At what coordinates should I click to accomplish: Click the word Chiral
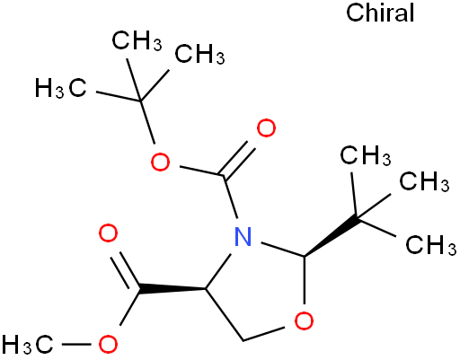coord(380,13)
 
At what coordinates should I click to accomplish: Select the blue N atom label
coord(243,236)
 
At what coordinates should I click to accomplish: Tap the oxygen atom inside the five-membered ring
coord(304,320)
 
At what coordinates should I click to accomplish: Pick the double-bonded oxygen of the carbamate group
coord(266,128)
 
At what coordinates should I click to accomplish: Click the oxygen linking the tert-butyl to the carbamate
coord(160,162)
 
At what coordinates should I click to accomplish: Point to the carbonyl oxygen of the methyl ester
coord(108,233)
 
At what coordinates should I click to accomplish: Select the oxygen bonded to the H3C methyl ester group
coord(108,345)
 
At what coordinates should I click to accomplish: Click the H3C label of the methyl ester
coord(28,345)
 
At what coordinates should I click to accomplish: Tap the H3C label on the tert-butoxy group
coord(61,88)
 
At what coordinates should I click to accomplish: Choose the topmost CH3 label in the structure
coord(137,40)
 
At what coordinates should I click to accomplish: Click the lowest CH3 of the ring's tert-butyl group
coord(431,245)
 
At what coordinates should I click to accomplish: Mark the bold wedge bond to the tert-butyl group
coord(332,236)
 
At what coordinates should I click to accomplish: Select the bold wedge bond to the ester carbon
coord(172,289)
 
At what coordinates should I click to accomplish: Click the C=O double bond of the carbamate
coord(236,159)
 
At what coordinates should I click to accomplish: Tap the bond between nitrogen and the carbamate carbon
coord(231,197)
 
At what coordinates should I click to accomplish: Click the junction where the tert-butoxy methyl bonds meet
coord(141,101)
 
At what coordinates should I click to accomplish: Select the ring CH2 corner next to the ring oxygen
coord(243,340)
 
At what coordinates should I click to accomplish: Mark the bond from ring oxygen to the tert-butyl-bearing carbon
coord(305,280)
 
